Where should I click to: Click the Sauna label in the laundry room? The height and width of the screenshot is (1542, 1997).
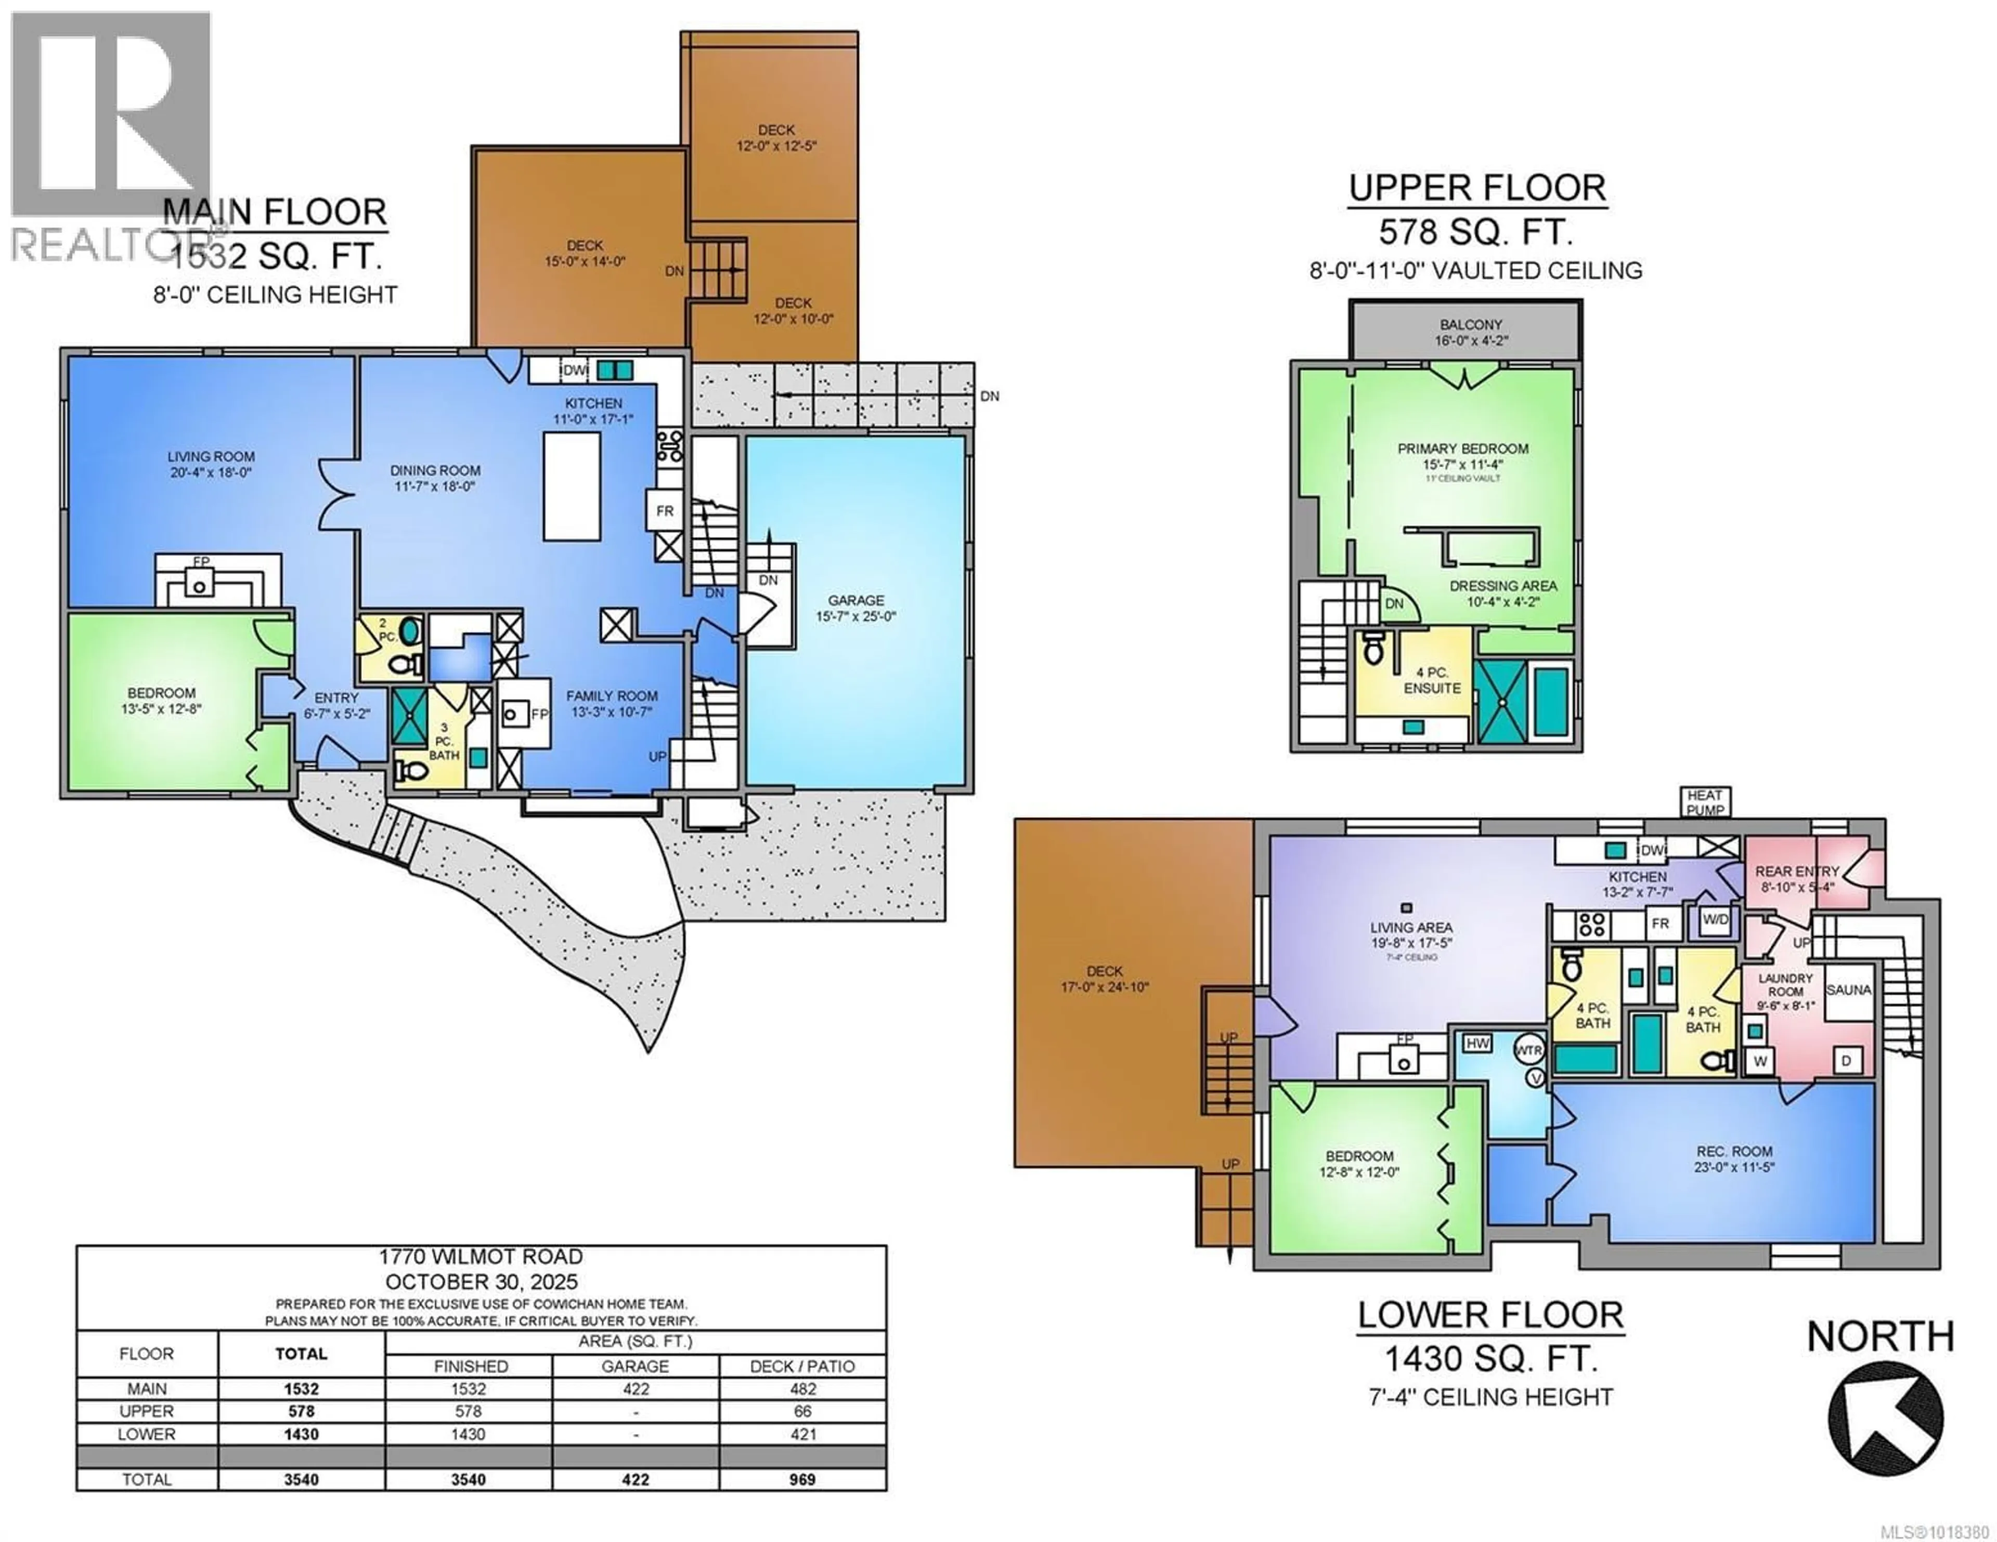1848,990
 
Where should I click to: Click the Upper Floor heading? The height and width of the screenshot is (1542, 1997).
1477,188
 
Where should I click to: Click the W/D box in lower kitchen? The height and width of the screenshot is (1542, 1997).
1715,919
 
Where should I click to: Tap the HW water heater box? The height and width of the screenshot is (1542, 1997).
1477,1043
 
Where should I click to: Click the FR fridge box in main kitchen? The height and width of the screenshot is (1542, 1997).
665,511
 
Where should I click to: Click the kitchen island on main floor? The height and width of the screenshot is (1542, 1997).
573,486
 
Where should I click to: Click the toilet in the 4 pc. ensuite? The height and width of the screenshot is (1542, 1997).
1372,650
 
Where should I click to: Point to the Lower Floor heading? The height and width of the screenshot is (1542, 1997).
1489,1315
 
